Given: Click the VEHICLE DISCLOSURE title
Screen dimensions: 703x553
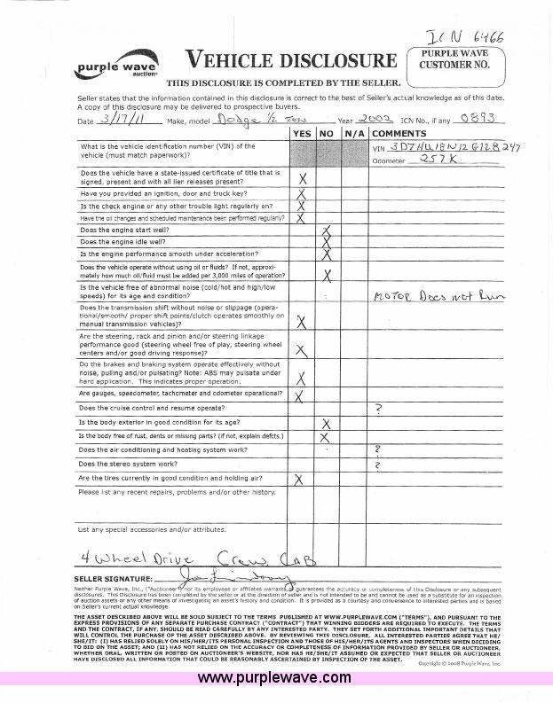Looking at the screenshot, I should (x=289, y=60).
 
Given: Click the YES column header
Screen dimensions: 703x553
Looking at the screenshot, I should (x=304, y=133).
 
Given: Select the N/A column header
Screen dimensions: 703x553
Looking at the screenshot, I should (x=355, y=133).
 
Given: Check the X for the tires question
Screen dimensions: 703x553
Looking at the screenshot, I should (x=299, y=479).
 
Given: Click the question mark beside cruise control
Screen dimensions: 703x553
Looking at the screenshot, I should (x=379, y=408).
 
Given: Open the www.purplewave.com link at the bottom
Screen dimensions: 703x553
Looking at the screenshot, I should (x=274, y=678).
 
